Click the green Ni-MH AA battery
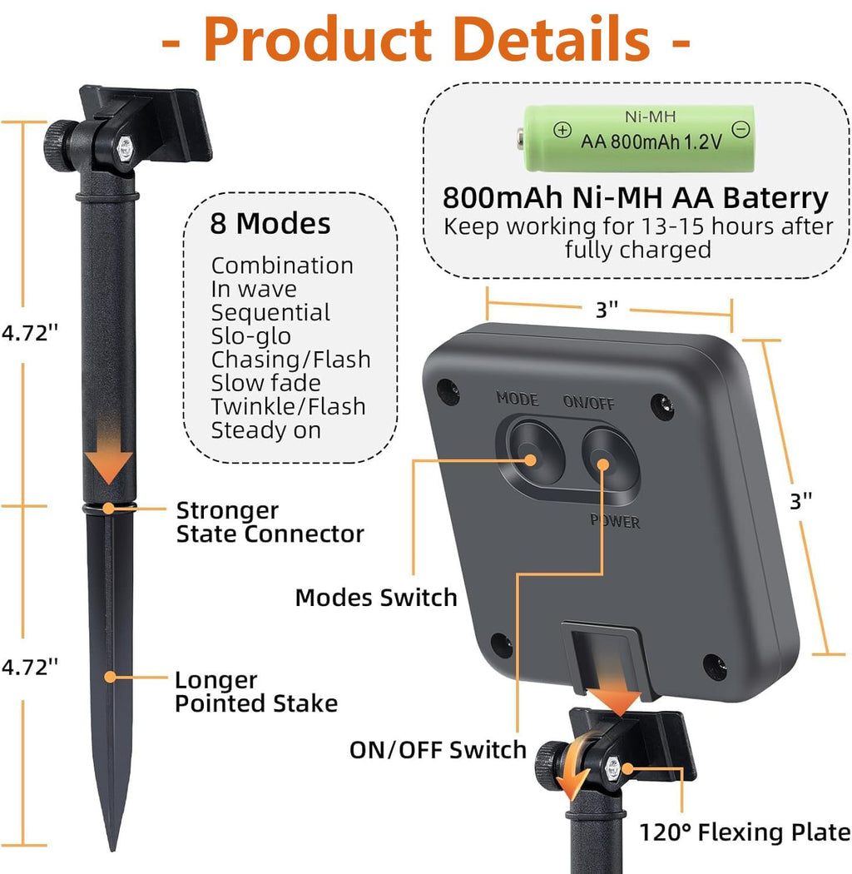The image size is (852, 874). point(636,138)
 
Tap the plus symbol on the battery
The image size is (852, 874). point(562,130)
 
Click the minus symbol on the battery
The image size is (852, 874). point(741,129)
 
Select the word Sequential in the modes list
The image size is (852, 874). point(270,313)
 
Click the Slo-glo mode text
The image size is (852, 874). point(250,336)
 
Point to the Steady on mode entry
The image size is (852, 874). point(265,431)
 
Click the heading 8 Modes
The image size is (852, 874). point(270,223)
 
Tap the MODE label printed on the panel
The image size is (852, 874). point(517,399)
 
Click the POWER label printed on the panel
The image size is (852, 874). point(615,520)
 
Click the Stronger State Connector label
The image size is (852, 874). point(270,522)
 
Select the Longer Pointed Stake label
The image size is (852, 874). point(255,692)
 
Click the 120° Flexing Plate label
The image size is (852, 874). point(745,832)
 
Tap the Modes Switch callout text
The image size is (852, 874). point(376,598)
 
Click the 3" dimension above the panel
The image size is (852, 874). point(607,310)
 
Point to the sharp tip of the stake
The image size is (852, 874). point(112,849)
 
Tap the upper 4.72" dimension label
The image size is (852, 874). point(29,333)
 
